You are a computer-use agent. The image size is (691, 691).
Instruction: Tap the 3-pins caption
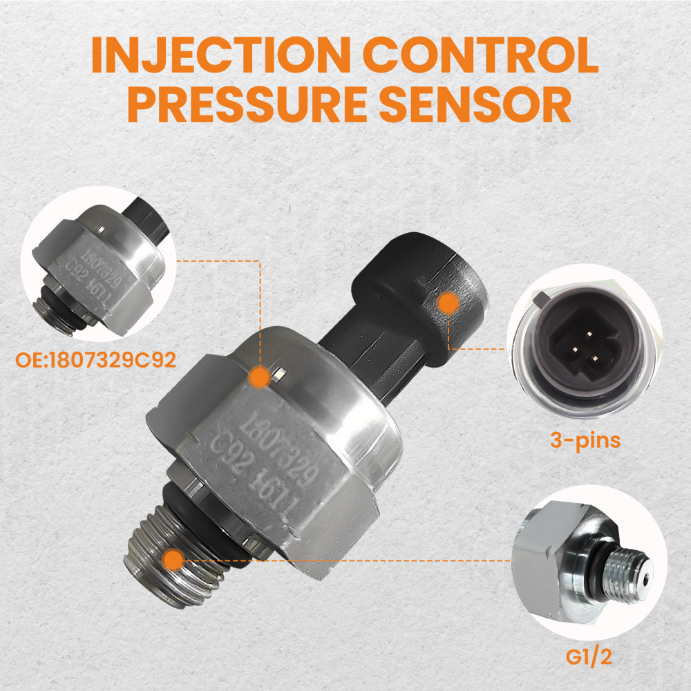click(585, 440)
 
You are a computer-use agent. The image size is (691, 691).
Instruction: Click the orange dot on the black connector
click(448, 303)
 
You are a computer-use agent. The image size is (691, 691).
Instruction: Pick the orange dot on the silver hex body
click(258, 377)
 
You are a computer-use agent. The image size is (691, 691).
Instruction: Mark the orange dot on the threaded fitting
click(174, 558)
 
